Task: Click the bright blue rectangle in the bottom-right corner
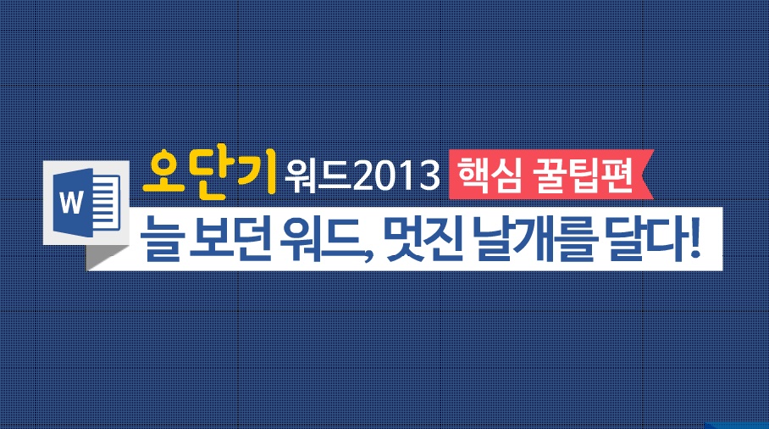pyautogui.click(x=737, y=424)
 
